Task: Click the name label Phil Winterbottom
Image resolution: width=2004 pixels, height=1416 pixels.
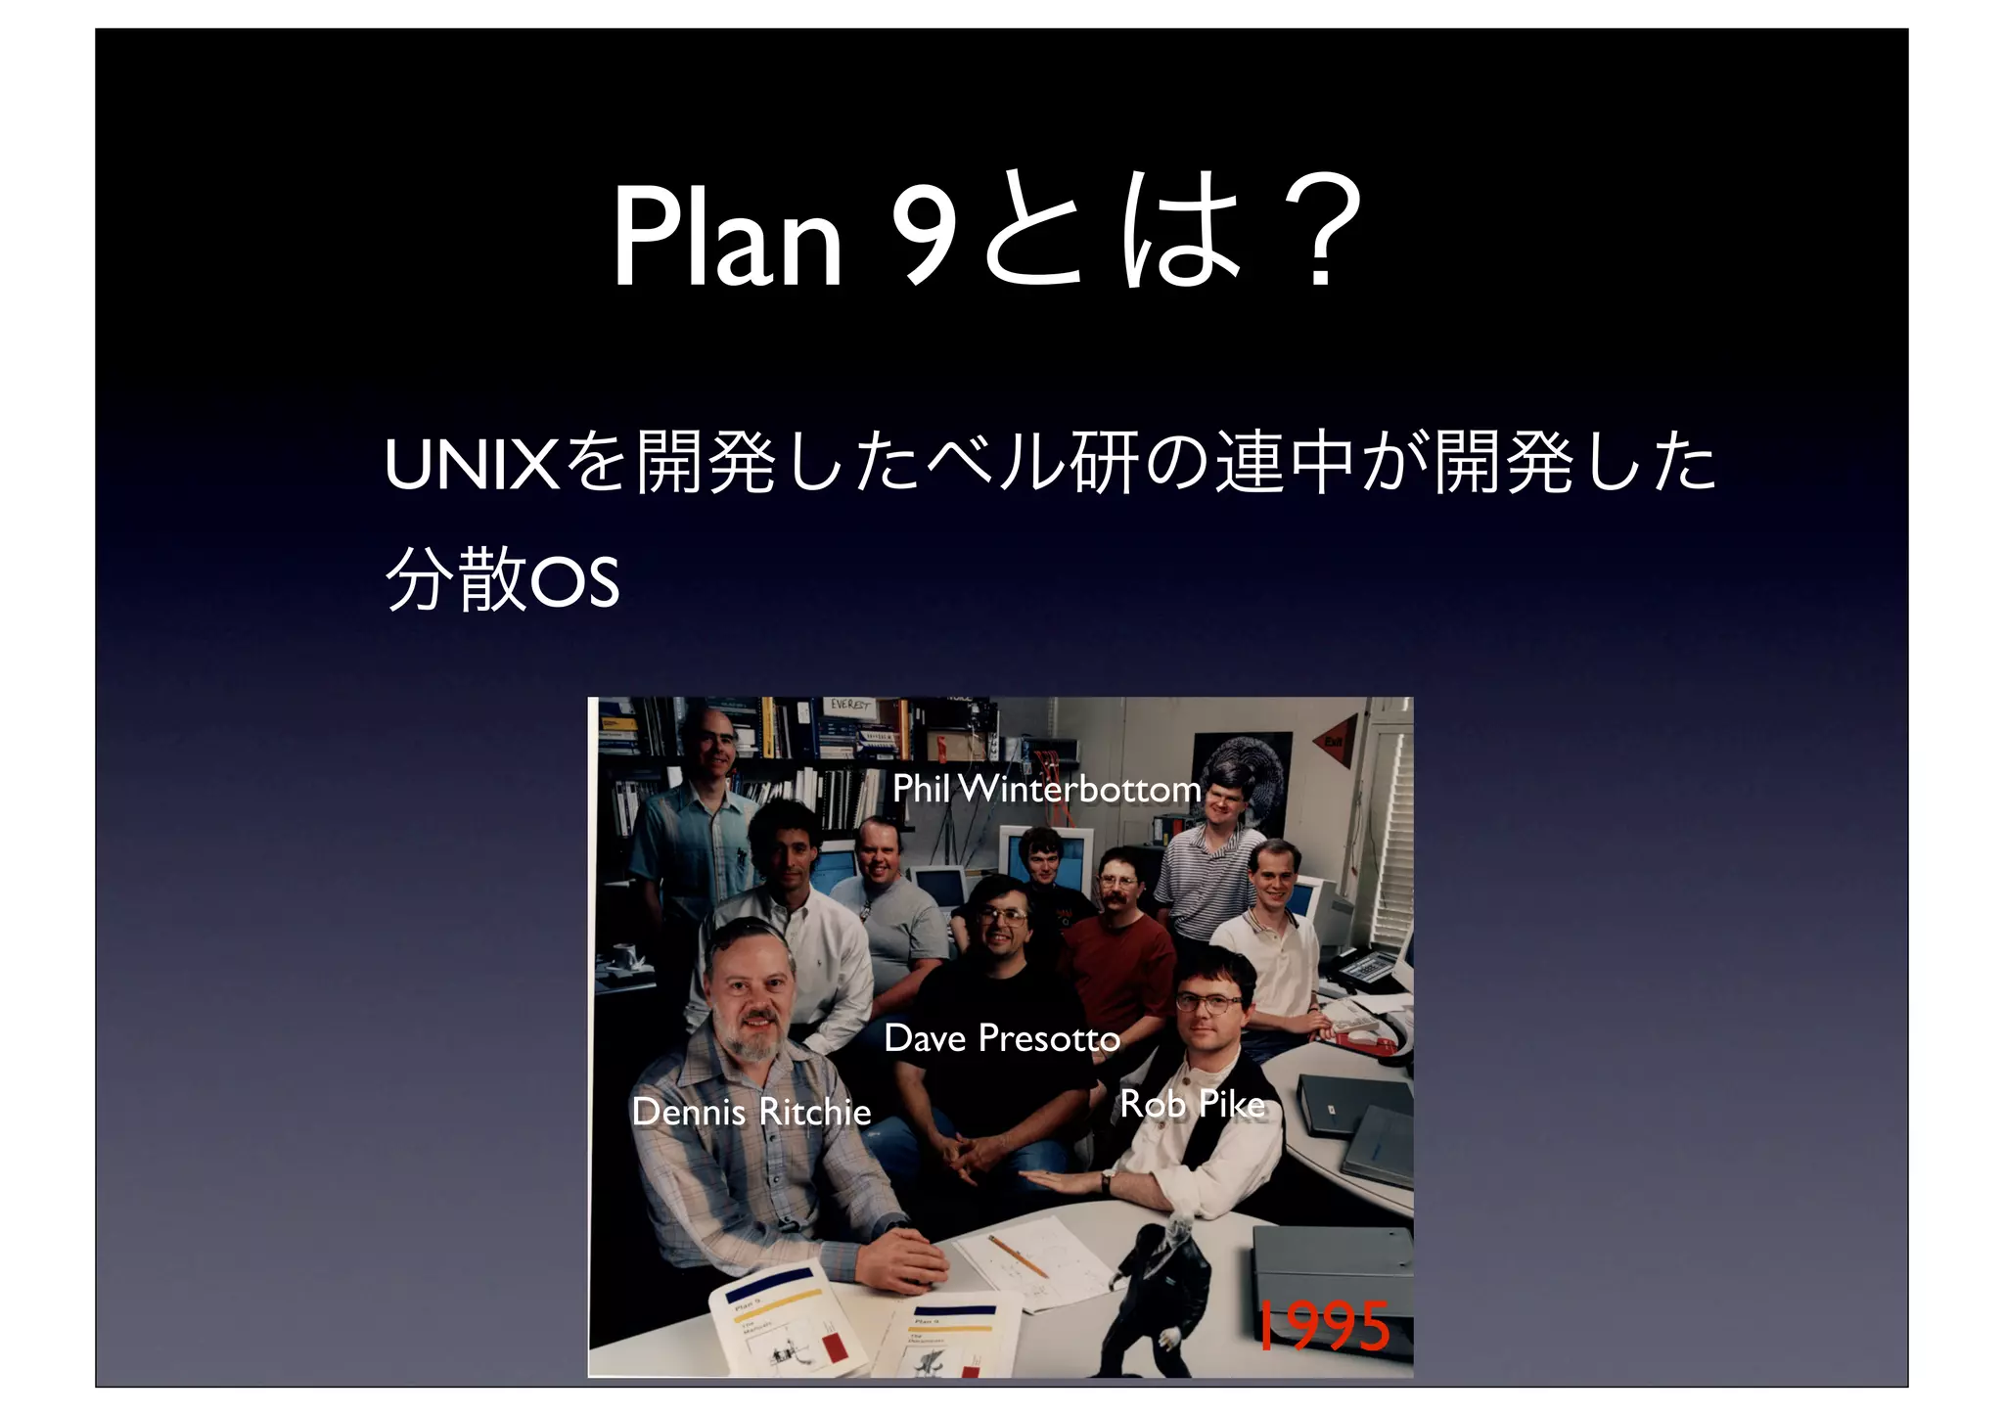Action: click(1046, 789)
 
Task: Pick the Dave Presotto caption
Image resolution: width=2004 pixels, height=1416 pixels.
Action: click(1002, 1038)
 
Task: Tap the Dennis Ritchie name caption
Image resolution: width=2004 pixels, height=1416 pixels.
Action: click(751, 1112)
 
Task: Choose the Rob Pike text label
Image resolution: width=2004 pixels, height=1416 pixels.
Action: click(1192, 1104)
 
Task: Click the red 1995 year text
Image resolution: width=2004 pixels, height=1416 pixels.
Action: click(1322, 1327)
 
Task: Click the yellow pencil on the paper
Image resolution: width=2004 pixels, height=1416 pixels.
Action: click(1018, 1256)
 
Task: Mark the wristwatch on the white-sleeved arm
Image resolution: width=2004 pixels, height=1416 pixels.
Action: click(1107, 1182)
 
